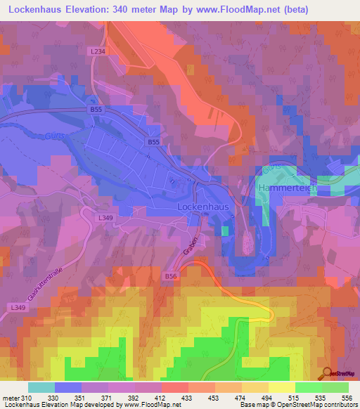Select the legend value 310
[27, 398]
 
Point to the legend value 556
[347, 398]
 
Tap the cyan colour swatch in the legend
[41, 387]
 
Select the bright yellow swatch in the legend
[281, 387]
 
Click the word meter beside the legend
[11, 398]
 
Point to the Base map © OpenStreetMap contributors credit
[296, 405]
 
